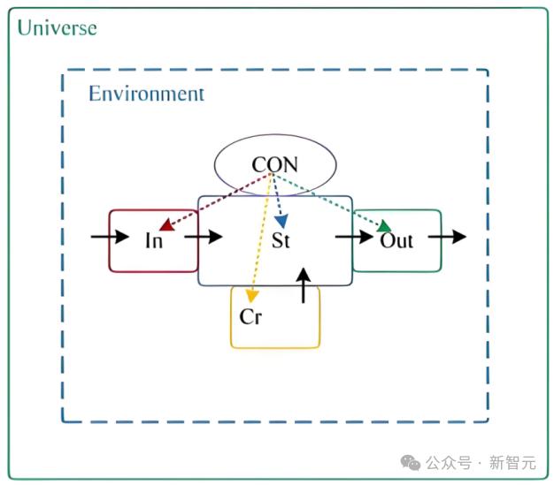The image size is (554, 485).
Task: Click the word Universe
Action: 58,28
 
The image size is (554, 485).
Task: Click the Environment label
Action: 146,94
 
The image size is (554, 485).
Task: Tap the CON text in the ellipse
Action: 275,164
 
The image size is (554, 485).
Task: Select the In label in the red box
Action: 154,241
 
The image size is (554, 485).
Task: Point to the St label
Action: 281,240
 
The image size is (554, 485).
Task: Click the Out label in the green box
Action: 396,241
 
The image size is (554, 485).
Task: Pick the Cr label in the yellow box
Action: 250,316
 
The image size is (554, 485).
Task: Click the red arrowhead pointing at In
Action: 166,225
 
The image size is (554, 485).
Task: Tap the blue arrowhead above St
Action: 281,222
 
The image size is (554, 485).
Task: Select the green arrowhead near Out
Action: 384,226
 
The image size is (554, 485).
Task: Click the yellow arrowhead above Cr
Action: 251,296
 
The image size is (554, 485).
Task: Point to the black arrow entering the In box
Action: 110,237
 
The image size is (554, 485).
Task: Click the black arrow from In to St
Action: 204,237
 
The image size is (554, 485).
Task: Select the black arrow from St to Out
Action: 354,237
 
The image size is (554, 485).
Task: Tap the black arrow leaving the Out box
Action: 447,237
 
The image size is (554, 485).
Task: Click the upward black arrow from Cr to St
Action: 304,285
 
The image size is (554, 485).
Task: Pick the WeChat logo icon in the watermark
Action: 411,462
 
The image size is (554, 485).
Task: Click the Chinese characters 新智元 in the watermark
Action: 512,462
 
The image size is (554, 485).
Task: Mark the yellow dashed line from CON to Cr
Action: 261,235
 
